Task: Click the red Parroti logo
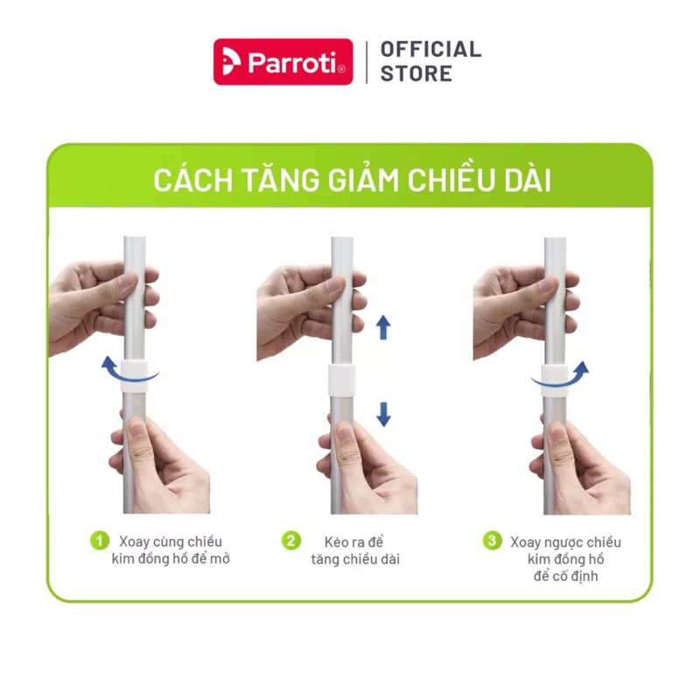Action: click(283, 61)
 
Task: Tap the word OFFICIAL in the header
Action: click(430, 49)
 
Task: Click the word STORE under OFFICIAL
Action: click(416, 73)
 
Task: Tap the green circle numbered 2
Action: click(290, 541)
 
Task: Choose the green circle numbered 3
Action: click(493, 541)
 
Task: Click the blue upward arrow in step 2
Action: click(383, 328)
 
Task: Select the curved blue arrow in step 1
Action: click(128, 371)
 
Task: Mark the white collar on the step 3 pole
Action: click(554, 378)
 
